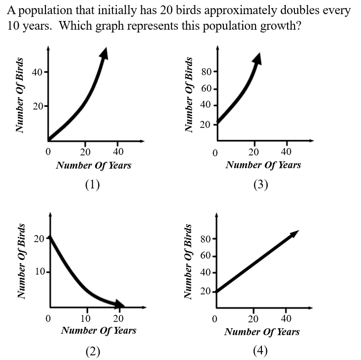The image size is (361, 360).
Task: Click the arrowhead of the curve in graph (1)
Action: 105,53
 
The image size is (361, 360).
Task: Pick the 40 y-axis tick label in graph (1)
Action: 37,72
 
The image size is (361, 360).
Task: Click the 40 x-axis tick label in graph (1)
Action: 118,151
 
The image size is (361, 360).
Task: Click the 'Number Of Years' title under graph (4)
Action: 262,332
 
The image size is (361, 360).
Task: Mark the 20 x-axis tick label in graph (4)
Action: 253,319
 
